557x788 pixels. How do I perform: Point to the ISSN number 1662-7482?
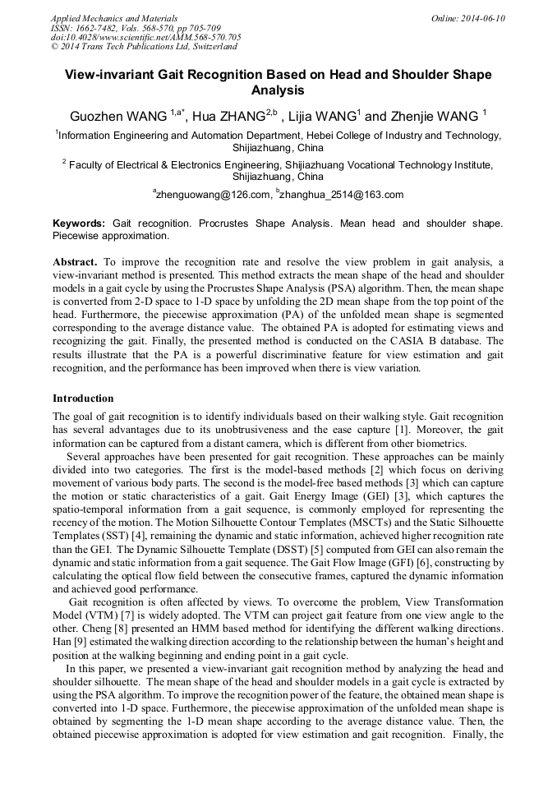click(101, 28)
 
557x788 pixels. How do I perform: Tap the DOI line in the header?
click(145, 38)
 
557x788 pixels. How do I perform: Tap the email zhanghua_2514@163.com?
click(343, 195)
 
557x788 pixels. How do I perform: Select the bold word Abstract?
click(75, 262)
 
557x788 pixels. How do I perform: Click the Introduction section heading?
click(83, 398)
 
